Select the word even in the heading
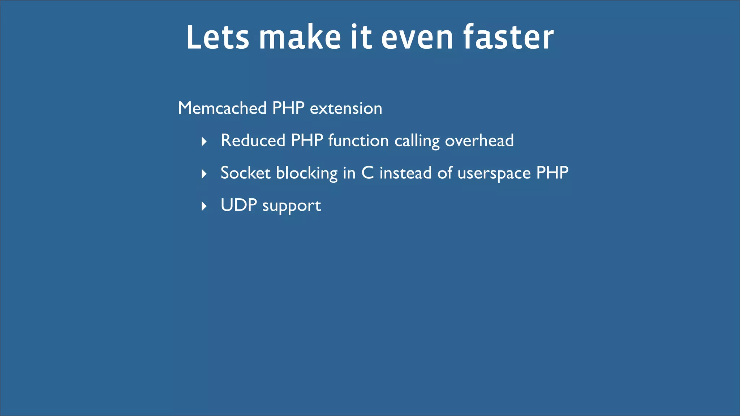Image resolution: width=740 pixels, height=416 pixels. tap(417, 38)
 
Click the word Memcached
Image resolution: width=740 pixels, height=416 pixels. tap(222, 108)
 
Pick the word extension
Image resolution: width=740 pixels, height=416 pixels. tap(346, 108)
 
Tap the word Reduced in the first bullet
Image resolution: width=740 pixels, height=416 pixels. tap(253, 140)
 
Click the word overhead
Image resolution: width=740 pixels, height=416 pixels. tap(479, 140)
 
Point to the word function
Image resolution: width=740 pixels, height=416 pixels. tap(358, 140)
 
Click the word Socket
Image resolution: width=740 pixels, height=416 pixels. tap(246, 173)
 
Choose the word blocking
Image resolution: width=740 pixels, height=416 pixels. tap(307, 173)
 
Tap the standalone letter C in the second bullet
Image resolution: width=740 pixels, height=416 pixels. tap(367, 173)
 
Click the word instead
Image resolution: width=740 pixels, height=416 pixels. tap(405, 173)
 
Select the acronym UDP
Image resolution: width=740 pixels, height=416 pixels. tap(239, 205)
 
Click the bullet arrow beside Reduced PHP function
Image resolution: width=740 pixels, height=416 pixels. tap(204, 142)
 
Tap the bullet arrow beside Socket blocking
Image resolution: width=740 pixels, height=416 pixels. tap(204, 174)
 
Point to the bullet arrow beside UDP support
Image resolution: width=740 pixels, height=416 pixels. tap(204, 206)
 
